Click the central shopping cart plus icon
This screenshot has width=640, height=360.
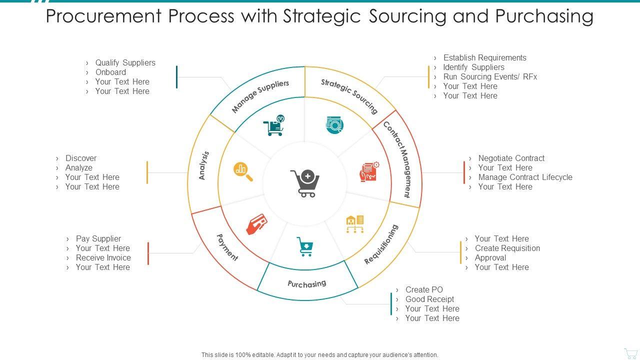click(x=304, y=183)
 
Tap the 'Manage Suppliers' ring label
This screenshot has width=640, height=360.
click(x=260, y=96)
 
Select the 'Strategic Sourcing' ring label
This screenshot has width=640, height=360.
click(x=349, y=95)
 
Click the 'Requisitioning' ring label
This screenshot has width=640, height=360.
click(x=381, y=244)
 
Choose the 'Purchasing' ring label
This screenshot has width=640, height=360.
click(x=306, y=284)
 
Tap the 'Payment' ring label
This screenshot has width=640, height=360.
click(x=227, y=247)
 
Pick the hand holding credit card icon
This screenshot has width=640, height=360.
click(x=256, y=224)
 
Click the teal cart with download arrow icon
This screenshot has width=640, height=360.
click(x=305, y=246)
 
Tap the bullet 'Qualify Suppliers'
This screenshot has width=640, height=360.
click(x=125, y=62)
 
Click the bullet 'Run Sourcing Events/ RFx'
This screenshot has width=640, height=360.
click(x=490, y=76)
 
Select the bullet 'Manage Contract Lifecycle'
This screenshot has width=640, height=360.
click(x=525, y=177)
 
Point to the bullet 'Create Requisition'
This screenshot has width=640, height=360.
click(x=507, y=248)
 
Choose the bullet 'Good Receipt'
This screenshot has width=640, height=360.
click(x=429, y=299)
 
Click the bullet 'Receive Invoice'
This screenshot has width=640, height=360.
click(x=103, y=257)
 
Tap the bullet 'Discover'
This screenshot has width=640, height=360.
click(x=80, y=158)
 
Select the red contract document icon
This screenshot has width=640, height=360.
click(x=369, y=171)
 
